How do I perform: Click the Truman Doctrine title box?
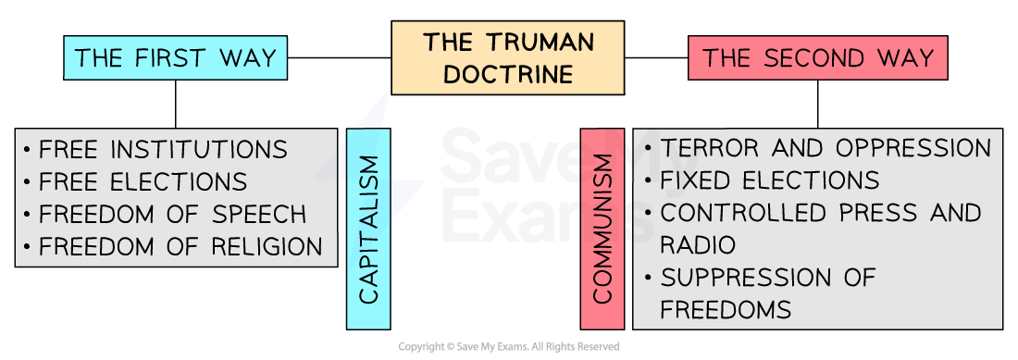pos(507,57)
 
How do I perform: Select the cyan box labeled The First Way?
pos(175,57)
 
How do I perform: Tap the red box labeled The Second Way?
pos(817,57)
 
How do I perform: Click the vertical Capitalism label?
pos(368,229)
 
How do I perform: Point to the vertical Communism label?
pos(602,229)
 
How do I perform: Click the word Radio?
pos(698,245)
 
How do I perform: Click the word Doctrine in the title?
pos(508,74)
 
